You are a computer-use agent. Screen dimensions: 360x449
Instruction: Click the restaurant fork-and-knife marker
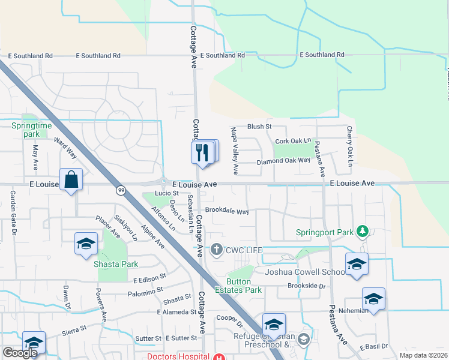pyautogui.click(x=202, y=152)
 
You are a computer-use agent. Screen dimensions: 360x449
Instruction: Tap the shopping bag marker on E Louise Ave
pyautogui.click(x=71, y=180)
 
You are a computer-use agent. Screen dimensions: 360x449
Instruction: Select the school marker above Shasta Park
pyautogui.click(x=86, y=243)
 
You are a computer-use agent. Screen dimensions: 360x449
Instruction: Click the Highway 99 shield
pyautogui.click(x=120, y=190)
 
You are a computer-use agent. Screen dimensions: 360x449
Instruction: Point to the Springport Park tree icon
pyautogui.click(x=362, y=231)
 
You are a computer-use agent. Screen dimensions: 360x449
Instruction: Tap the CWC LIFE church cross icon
pyautogui.click(x=216, y=249)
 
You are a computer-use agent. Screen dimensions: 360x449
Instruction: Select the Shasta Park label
pyautogui.click(x=118, y=264)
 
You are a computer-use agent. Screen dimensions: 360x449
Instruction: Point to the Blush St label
pyautogui.click(x=259, y=127)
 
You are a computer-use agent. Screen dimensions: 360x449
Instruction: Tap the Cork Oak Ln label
pyautogui.click(x=293, y=142)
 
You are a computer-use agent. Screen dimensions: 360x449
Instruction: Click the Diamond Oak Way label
pyautogui.click(x=283, y=161)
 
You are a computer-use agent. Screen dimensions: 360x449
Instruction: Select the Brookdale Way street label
pyautogui.click(x=226, y=211)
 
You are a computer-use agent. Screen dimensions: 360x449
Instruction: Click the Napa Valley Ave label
pyautogui.click(x=235, y=151)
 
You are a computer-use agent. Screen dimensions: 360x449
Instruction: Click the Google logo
pyautogui.click(x=20, y=353)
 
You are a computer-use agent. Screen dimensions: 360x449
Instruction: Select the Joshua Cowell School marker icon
pyautogui.click(x=357, y=263)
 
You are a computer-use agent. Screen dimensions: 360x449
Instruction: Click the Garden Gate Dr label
pyautogui.click(x=13, y=212)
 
